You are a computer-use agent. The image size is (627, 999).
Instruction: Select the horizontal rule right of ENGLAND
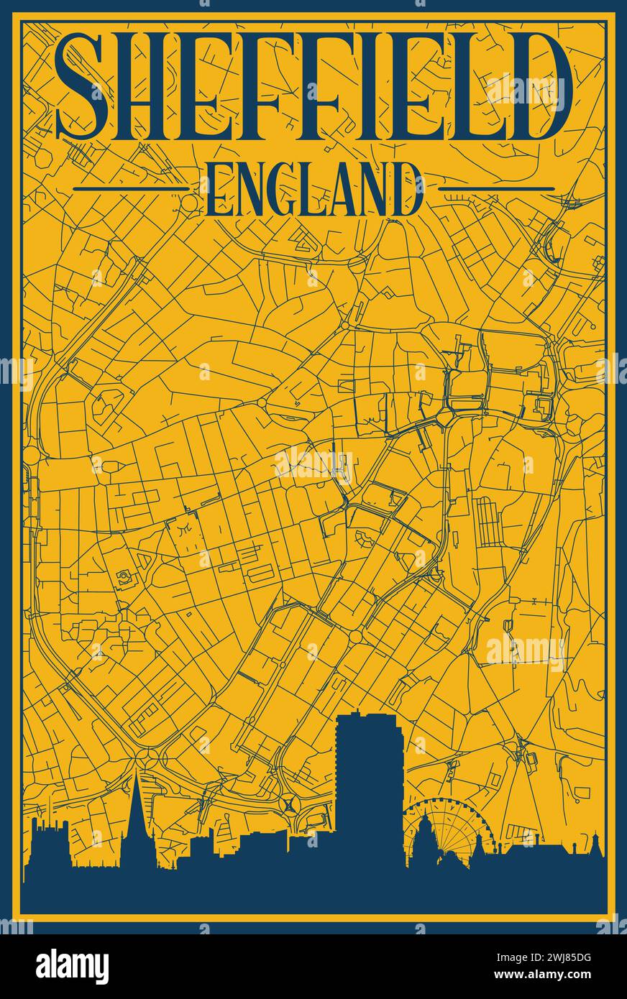[x=496, y=189]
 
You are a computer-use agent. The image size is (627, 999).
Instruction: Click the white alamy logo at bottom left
[x=73, y=967]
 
